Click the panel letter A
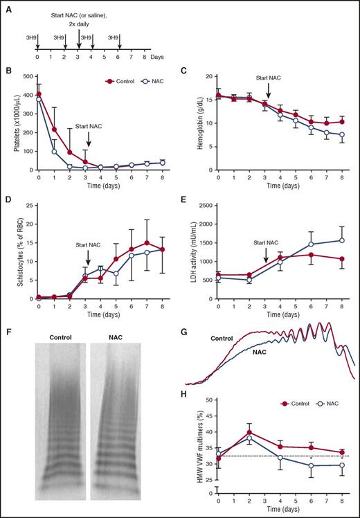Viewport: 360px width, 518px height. click(6, 6)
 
